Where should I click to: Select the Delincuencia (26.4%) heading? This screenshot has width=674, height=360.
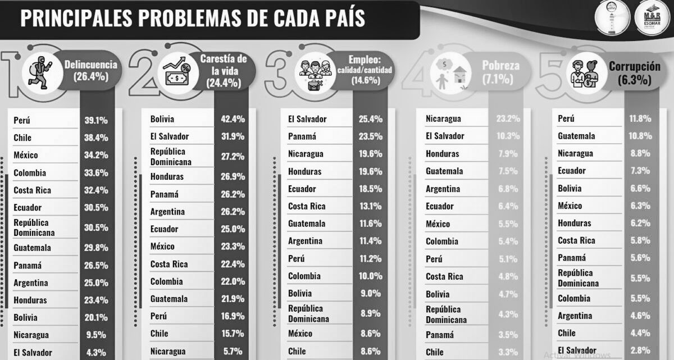[x=90, y=71]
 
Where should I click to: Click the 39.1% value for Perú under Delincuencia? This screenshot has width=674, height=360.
[x=96, y=120]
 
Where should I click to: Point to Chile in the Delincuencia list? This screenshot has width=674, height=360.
[x=22, y=138]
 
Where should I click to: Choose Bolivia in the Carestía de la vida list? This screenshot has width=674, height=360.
[x=162, y=119]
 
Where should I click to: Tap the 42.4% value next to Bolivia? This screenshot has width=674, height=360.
[x=233, y=119]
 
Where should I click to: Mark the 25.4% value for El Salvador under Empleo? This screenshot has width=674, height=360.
[x=371, y=119]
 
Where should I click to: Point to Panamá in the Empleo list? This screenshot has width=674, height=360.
[x=302, y=136]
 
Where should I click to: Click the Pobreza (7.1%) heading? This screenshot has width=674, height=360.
[x=500, y=72]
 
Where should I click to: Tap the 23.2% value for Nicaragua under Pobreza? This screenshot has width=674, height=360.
[x=508, y=119]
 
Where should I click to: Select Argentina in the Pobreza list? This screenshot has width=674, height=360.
[x=443, y=189]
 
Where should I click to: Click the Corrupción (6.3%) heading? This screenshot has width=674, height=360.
[x=634, y=72]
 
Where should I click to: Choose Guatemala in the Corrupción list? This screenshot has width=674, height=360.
[x=576, y=136]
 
